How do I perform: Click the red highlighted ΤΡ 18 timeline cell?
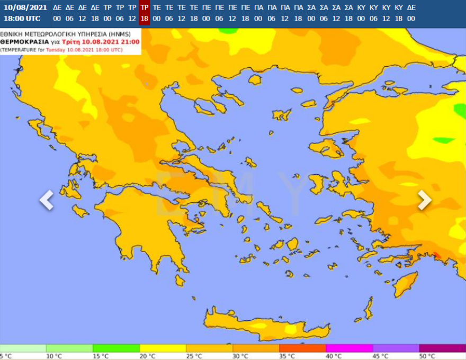click(144, 13)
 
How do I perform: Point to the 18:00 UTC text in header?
click(22, 19)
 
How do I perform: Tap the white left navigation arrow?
click(47, 200)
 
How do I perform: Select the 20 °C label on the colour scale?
click(147, 356)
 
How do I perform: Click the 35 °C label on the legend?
click(286, 356)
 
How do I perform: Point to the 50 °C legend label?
click(426, 356)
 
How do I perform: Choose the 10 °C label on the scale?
click(53, 356)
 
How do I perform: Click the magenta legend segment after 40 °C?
click(349, 348)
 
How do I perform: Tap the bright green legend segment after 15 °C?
click(116, 348)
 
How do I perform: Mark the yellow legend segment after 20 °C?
click(163, 348)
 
